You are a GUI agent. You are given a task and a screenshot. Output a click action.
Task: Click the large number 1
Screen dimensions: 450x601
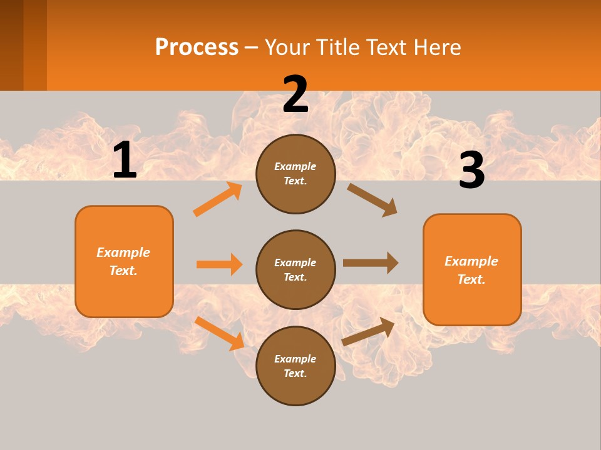pos(125,161)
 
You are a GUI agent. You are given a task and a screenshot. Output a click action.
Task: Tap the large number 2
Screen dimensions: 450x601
pos(295,94)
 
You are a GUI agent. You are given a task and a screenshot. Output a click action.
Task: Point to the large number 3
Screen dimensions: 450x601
pos(471,171)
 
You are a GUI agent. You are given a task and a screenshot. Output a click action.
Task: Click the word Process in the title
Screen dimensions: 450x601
pos(197,47)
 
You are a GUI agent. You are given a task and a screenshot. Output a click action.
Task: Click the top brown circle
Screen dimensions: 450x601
pos(295,174)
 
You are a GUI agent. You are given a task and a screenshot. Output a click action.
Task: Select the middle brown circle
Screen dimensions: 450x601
pos(295,269)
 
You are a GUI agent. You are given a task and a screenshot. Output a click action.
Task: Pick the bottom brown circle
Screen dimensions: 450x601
pos(295,366)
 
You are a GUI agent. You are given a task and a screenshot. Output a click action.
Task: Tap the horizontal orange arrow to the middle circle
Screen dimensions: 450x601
pos(220,264)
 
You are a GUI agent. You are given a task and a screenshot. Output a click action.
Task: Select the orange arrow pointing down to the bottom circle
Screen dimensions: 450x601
pos(220,333)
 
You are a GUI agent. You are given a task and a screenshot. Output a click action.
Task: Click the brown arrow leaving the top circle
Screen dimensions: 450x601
pos(372,200)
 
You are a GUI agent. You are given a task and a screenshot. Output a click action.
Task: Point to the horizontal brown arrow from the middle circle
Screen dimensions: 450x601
pos(371,263)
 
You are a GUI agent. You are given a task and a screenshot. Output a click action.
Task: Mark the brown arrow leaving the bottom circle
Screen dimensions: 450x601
pos(369,331)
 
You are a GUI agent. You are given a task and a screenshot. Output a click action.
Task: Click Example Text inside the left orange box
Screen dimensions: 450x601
pos(124,261)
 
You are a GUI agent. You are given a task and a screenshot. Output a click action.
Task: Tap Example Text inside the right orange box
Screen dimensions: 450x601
pos(471,270)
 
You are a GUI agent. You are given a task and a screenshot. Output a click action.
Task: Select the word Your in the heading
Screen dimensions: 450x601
pos(285,47)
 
